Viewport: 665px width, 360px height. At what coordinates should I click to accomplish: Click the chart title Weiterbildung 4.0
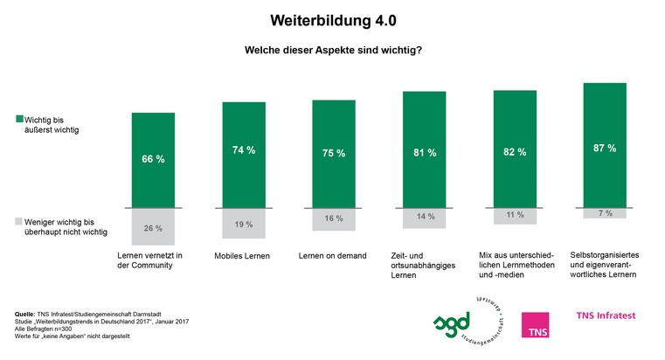332,19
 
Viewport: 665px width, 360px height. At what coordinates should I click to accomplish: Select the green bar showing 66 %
152,160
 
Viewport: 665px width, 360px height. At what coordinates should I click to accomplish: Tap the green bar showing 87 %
604,146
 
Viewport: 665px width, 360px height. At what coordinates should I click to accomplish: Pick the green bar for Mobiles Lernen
244,155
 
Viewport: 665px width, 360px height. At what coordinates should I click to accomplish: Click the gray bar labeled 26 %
152,227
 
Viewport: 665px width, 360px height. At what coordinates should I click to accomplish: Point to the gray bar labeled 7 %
604,213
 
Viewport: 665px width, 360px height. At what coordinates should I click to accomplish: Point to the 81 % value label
423,151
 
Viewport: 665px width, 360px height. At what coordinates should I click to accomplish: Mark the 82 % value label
515,151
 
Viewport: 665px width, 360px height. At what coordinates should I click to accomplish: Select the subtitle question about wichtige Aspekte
332,50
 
